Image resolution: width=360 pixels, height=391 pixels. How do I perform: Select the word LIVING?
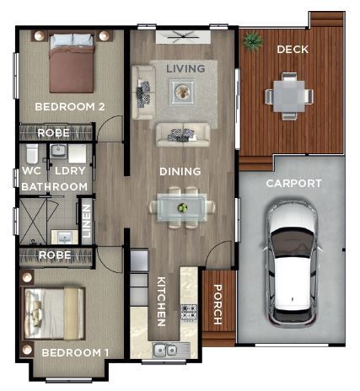[x=185, y=67]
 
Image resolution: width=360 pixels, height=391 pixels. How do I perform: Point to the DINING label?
[x=180, y=171]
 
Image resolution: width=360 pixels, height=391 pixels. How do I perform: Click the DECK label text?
[x=292, y=50]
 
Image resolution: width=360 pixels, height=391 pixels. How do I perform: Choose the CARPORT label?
[x=293, y=183]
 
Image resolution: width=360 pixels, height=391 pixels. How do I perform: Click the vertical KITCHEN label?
[x=160, y=302]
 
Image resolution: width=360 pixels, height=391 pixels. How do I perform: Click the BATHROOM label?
[x=54, y=186]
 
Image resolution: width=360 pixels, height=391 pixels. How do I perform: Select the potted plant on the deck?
[x=252, y=40]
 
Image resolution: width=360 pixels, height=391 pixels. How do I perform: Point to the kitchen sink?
[x=165, y=349]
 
